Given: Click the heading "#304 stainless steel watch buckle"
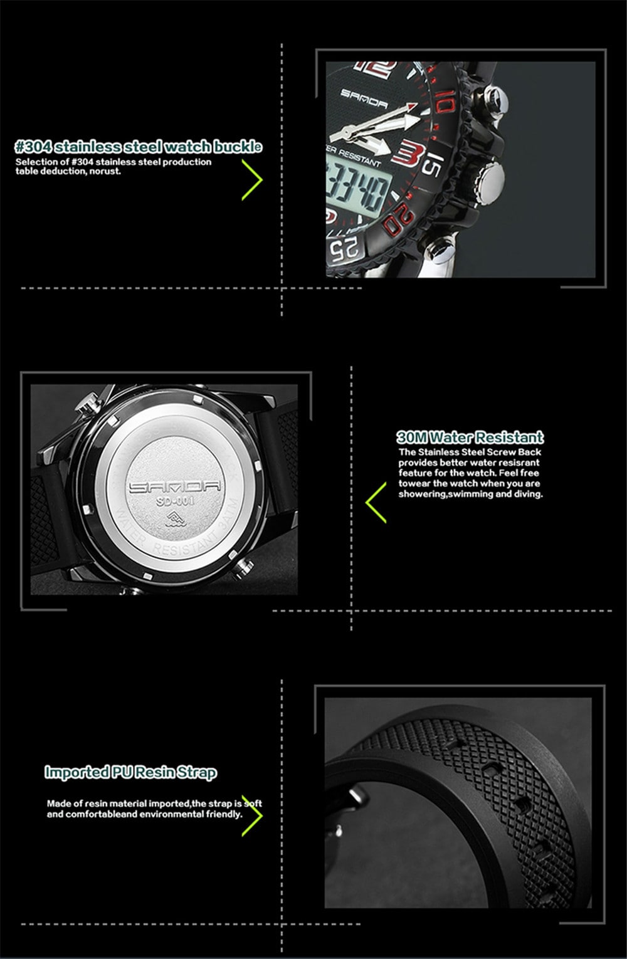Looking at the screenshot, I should (138, 147).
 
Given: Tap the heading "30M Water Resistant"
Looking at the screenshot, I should (470, 437).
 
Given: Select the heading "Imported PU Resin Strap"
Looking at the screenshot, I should (130, 772).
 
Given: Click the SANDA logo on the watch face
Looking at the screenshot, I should (364, 95).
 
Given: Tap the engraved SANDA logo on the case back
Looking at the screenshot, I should (174, 486).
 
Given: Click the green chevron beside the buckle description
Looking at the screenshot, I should (252, 179).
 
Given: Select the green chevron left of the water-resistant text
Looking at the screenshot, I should (376, 502).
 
